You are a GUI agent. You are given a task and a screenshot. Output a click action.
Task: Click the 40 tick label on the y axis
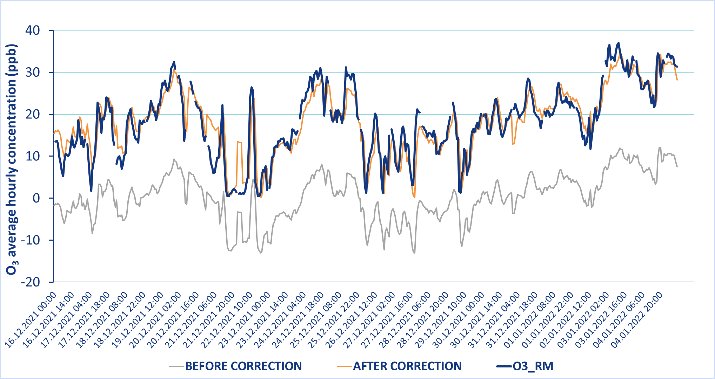pos(33,30)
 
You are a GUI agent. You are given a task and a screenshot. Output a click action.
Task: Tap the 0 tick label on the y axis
pos(37,198)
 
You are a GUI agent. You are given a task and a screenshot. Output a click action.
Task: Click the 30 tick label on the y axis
pos(33,73)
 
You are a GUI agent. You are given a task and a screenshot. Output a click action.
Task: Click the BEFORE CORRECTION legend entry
pos(243,366)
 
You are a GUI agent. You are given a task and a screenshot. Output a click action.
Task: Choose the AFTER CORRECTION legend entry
pos(407,366)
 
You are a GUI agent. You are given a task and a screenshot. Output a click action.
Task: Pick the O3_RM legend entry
pos(533,366)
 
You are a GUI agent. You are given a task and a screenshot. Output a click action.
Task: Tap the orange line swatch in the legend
pos(344,366)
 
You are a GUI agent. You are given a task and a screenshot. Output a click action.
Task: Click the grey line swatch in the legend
pos(176,366)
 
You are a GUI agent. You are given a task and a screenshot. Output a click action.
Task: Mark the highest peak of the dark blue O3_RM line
pos(619,43)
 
